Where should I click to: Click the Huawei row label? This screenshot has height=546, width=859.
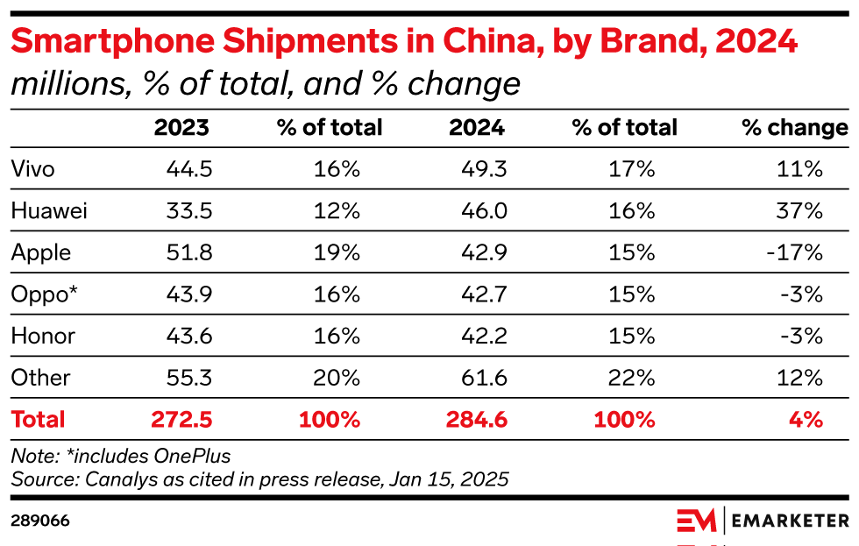coord(49,210)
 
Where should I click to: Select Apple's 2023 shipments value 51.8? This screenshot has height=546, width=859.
coord(189,252)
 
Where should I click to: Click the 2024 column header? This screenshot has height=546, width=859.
coord(477,128)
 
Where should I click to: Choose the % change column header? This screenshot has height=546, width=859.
coord(794,128)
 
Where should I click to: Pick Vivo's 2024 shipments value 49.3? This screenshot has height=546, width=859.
coord(484,169)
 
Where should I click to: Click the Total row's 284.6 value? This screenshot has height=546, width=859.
coord(477,419)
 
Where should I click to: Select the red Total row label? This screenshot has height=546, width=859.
coord(38,419)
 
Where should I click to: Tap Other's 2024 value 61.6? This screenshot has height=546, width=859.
coord(484,378)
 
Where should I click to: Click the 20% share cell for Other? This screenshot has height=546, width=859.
coord(337,378)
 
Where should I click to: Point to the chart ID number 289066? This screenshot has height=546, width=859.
coord(40,521)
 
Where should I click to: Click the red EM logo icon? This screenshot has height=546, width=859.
coord(697,521)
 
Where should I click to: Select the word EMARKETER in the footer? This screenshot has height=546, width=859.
coord(790,521)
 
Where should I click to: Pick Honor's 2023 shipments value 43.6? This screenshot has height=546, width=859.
coord(189,336)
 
